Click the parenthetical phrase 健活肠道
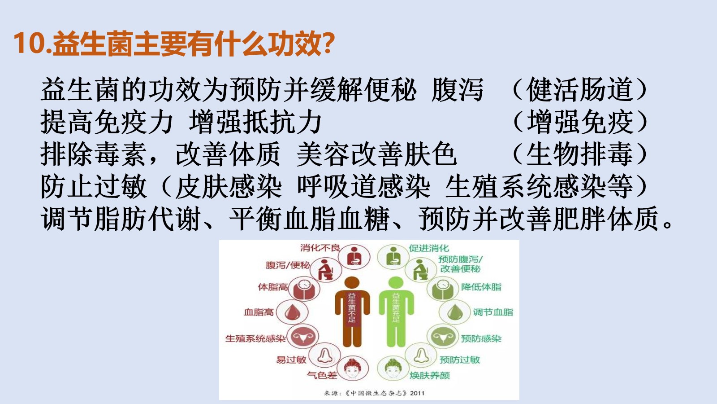(580, 90)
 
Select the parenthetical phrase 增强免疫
(580, 122)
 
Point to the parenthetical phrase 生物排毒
(580, 154)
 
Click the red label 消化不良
(320, 247)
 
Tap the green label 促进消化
(429, 248)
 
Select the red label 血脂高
(259, 312)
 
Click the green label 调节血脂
(493, 312)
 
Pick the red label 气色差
(322, 375)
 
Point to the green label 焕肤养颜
(430, 375)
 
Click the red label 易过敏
(291, 360)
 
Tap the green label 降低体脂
(481, 287)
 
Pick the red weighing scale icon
(303, 289)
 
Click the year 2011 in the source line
(417, 393)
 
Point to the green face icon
(393, 369)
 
